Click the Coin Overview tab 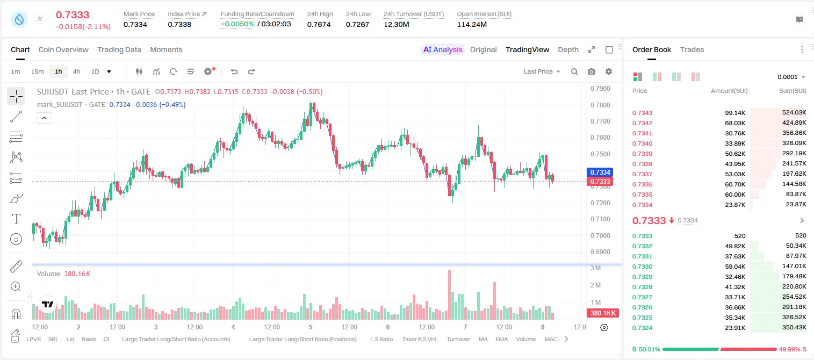(63, 49)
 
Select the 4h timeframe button (76, 71)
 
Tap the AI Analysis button (443, 49)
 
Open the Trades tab (692, 49)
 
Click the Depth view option (568, 49)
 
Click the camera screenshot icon (592, 71)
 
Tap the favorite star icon (40, 18)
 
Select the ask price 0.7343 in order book (642, 113)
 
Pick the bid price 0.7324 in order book (642, 328)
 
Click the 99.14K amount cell (735, 113)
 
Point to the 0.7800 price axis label (600, 105)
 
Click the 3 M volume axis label (596, 268)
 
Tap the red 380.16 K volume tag (602, 313)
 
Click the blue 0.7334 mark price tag (600, 172)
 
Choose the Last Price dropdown (542, 71)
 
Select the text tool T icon (16, 219)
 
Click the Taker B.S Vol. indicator (419, 339)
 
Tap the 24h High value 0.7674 (319, 24)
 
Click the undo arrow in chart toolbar (234, 71)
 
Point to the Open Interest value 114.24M (472, 24)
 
